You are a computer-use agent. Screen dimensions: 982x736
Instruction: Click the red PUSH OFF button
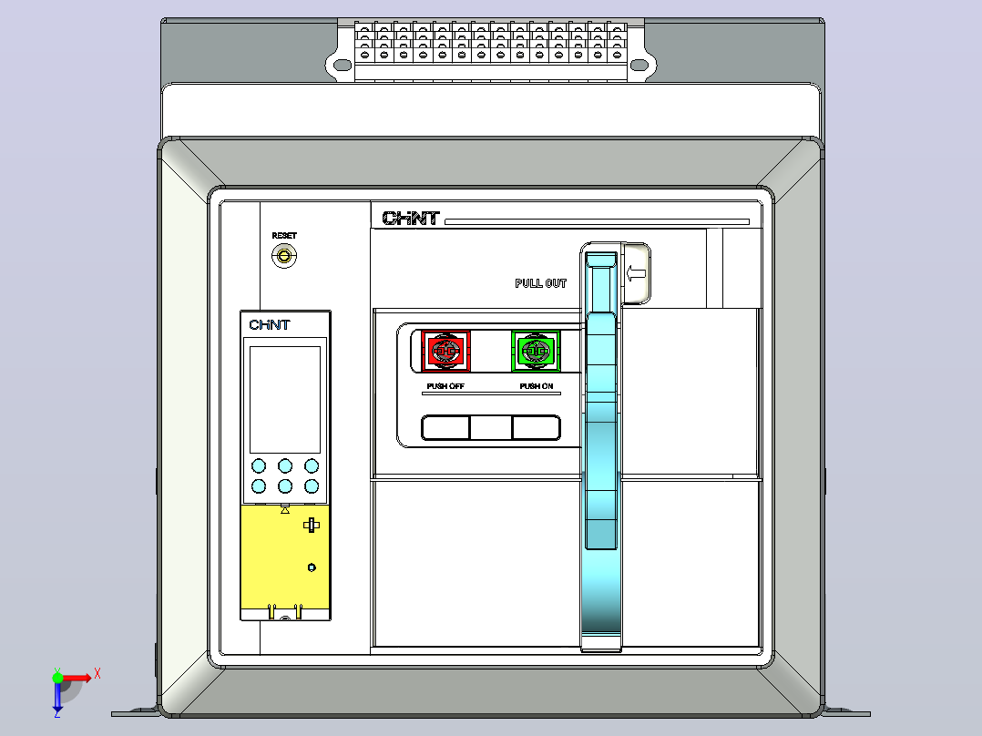click(445, 352)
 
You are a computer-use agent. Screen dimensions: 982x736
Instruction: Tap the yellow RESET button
click(284, 256)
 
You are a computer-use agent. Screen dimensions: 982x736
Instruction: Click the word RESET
click(284, 236)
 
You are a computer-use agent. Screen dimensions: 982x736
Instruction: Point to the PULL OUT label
click(540, 283)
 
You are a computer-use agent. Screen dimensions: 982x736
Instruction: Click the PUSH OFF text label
click(445, 386)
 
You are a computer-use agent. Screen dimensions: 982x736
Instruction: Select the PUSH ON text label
click(536, 386)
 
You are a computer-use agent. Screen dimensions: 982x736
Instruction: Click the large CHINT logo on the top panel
click(411, 218)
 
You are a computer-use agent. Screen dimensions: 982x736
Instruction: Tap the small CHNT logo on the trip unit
click(270, 324)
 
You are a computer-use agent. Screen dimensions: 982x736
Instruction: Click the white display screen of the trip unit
click(285, 400)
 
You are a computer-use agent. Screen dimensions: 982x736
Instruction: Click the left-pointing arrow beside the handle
click(636, 272)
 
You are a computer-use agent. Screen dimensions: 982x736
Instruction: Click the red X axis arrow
click(77, 678)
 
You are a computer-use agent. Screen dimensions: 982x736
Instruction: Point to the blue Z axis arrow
click(57, 698)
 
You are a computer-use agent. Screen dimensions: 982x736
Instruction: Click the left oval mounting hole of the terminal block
click(342, 65)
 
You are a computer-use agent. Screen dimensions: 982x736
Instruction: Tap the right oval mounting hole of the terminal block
click(639, 65)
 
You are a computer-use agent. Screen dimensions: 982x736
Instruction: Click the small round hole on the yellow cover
click(312, 567)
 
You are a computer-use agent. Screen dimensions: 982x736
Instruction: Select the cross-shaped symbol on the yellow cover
click(312, 525)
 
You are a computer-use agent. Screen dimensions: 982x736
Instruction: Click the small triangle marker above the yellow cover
click(285, 510)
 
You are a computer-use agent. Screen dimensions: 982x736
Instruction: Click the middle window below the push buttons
click(491, 428)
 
